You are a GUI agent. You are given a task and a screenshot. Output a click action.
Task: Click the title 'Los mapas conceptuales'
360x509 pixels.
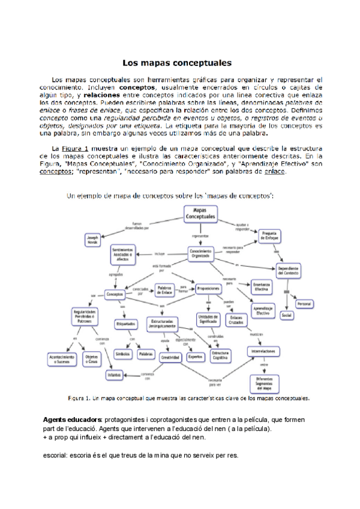click(177, 62)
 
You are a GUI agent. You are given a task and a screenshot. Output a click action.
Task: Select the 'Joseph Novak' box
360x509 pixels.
click(92, 239)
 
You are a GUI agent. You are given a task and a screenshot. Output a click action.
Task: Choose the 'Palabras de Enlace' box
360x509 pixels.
click(164, 291)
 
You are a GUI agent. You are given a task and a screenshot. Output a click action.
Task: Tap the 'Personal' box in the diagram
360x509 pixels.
click(304, 304)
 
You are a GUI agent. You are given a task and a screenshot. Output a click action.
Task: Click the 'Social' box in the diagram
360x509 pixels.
click(286, 315)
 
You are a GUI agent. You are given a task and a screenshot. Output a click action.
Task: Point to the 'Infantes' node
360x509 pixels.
click(114, 375)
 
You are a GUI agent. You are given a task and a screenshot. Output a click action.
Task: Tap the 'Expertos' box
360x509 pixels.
click(195, 357)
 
